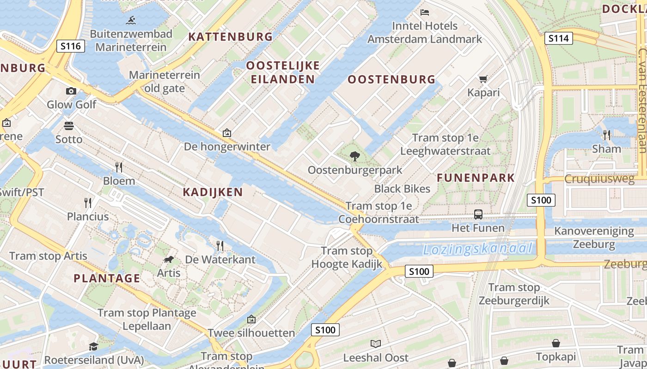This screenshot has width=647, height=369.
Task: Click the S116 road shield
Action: point(71,46)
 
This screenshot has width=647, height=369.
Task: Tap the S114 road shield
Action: point(558,38)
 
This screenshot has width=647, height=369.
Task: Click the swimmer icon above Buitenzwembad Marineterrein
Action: point(131,20)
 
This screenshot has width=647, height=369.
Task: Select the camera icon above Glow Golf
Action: point(71,91)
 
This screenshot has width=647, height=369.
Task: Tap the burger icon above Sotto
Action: point(69,125)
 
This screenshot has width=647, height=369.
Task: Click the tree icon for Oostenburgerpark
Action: point(355,156)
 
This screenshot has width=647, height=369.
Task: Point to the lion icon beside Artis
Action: point(169,260)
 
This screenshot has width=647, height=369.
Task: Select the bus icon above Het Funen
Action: point(478,214)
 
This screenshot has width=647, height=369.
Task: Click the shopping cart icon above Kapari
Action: point(483,79)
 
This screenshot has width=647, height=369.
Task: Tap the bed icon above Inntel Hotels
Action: point(425,12)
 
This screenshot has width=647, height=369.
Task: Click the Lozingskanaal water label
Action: point(478,250)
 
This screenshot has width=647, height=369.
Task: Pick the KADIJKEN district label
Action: point(213,192)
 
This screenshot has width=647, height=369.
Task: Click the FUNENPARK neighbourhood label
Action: point(476,178)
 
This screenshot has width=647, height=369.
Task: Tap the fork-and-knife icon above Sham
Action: point(607,135)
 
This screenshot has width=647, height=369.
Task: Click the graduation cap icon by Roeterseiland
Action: point(94,346)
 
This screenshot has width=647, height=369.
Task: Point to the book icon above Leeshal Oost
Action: point(376,344)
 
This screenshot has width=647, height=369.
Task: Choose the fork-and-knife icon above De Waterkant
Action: point(220,246)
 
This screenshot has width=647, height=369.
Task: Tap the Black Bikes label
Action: point(402,188)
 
